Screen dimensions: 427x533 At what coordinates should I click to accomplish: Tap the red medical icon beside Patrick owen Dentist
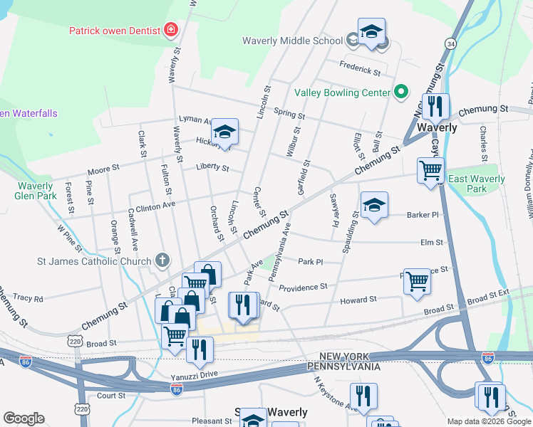click(x=170, y=30)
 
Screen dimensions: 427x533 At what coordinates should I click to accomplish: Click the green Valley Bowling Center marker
click(x=400, y=93)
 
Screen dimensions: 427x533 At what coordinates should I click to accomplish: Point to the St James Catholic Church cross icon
click(x=162, y=260)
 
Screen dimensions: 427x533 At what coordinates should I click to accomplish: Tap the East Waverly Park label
click(x=476, y=184)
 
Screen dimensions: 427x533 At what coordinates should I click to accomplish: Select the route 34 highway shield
click(x=450, y=44)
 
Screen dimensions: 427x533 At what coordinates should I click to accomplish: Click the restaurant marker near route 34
click(x=435, y=107)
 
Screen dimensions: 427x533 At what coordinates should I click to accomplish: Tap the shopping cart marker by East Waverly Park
click(x=430, y=171)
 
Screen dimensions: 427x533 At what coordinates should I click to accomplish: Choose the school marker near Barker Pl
click(x=374, y=206)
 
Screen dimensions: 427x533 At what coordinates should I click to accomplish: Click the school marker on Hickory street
click(x=224, y=132)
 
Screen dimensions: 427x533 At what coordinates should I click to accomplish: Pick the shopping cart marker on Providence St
click(x=417, y=280)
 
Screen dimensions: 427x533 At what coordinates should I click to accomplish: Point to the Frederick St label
click(x=360, y=71)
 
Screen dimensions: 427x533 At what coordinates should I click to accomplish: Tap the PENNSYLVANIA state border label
click(x=343, y=367)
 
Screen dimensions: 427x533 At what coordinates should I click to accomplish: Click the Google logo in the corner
click(x=24, y=418)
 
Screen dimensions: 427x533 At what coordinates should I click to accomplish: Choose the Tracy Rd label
click(x=28, y=298)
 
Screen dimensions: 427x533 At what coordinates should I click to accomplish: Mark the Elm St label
click(x=432, y=242)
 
